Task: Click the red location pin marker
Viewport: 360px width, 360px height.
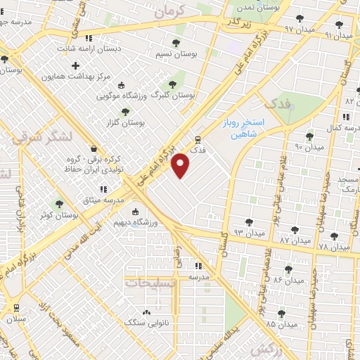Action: coord(181,165)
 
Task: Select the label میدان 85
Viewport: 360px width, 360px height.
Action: coord(281,324)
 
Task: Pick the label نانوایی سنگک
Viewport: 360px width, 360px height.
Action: coord(143,322)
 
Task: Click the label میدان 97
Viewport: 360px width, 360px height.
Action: coord(298,29)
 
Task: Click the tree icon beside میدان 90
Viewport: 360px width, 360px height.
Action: coord(309,136)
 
